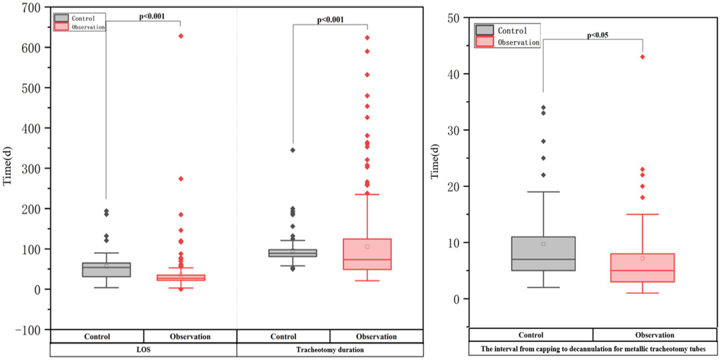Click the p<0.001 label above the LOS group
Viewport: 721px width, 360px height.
coord(152,16)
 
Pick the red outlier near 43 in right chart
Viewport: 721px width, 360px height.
coord(642,57)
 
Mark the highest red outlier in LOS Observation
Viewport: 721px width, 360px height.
coord(180,36)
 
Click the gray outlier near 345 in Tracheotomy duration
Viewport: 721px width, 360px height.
coord(293,150)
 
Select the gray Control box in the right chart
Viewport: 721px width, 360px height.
coord(543,253)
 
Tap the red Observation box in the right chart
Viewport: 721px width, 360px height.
coord(642,267)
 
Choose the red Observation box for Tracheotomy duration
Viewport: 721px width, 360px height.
coord(367,254)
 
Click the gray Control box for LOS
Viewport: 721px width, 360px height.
coord(106,269)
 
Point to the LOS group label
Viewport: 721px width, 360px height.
coord(144,350)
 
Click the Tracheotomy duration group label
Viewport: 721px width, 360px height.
coord(330,350)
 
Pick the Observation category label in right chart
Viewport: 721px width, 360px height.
coord(655,335)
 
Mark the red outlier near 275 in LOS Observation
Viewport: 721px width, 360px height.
coord(180,179)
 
